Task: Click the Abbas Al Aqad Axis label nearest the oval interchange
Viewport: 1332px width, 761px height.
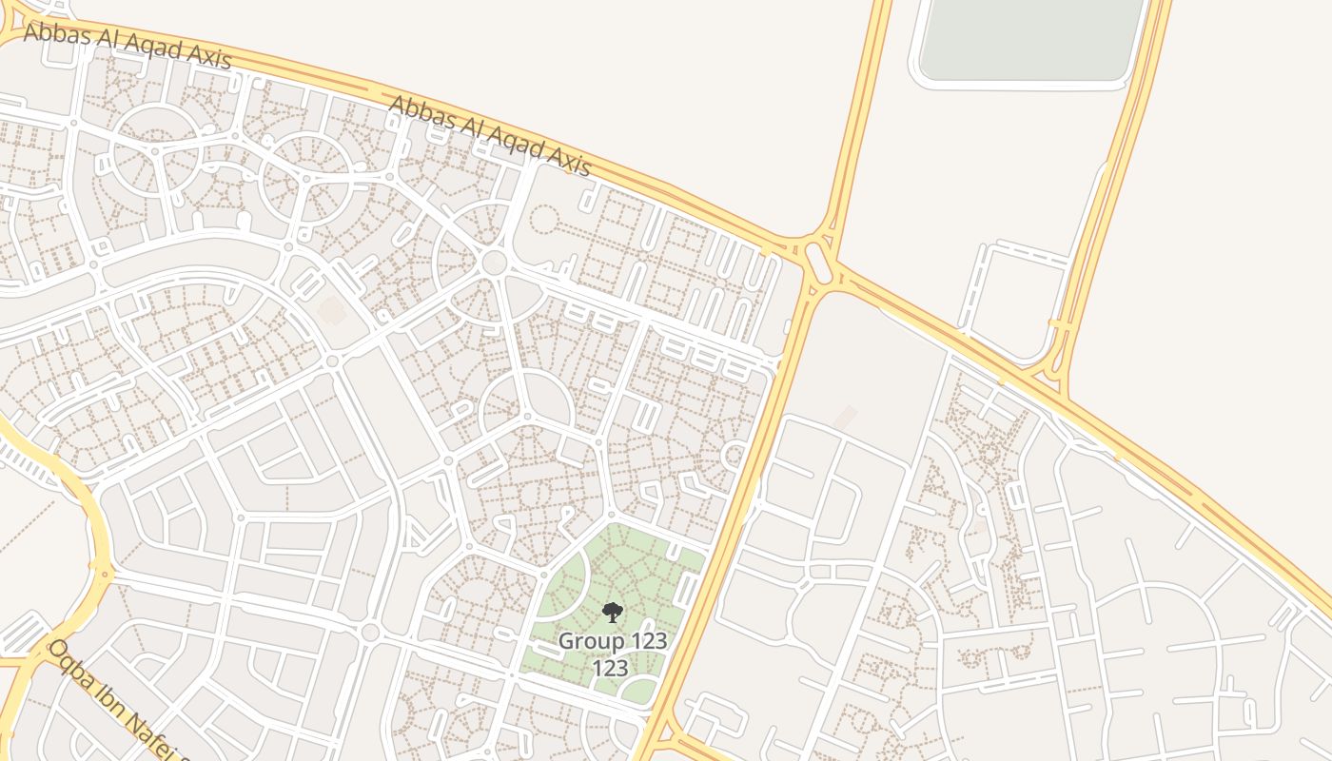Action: pos(491,136)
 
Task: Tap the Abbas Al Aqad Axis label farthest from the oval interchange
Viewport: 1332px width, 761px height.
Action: pos(127,45)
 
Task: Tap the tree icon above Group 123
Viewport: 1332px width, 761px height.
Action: pos(612,612)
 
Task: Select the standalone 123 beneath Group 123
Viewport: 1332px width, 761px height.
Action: pos(610,668)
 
